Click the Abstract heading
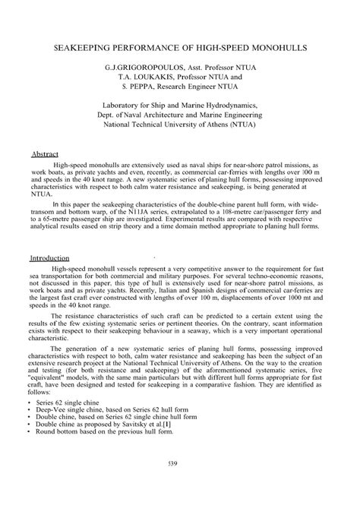pos(44,153)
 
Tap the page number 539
pos(179,462)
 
